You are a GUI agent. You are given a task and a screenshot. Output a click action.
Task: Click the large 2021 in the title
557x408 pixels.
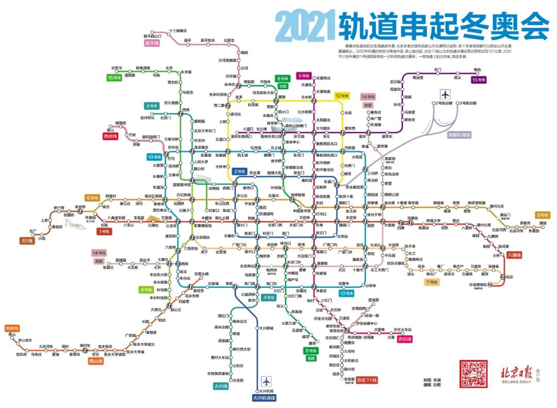(x=304, y=27)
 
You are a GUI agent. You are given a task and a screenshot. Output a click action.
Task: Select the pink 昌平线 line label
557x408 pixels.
(x=152, y=43)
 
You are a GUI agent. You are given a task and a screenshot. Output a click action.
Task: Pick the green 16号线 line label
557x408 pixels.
(x=114, y=77)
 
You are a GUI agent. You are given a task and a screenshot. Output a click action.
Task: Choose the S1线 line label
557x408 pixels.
(x=27, y=240)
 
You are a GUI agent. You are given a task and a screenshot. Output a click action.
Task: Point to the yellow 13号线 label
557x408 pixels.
(x=342, y=95)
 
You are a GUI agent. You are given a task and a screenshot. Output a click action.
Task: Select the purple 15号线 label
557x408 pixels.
(x=478, y=80)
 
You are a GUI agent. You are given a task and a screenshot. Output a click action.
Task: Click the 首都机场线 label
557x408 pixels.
(x=460, y=135)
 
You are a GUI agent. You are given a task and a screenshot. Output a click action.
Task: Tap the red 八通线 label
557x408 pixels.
(x=514, y=255)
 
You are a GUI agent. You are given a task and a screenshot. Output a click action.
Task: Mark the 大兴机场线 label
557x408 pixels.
(x=264, y=398)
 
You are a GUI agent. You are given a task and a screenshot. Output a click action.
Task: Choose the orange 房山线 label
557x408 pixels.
(x=95, y=361)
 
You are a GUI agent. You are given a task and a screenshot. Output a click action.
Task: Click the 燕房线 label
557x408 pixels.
(x=11, y=328)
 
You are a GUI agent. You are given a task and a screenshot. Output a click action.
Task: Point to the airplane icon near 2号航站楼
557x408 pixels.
(x=445, y=94)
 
